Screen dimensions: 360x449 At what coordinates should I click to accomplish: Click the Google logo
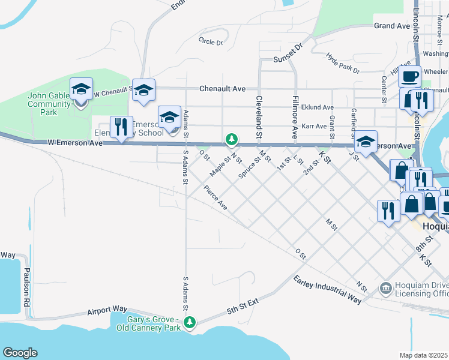coord(20,353)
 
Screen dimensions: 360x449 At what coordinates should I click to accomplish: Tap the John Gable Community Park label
coord(50,104)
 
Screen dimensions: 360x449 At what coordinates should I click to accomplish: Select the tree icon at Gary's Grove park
coord(190,323)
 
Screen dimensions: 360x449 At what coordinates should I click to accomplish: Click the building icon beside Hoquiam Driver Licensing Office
coord(386,289)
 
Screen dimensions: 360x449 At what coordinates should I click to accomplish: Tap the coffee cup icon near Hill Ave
coord(410,76)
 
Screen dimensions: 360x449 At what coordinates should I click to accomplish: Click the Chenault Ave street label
coord(223,89)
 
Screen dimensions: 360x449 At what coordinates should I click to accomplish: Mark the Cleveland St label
coord(259,116)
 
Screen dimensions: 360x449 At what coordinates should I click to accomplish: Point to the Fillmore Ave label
coord(295,116)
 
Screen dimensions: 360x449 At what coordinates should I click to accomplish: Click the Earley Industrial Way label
coord(327,289)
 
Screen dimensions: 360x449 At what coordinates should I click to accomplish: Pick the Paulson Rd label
coord(26,292)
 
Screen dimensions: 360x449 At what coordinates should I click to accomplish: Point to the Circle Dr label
coord(210,42)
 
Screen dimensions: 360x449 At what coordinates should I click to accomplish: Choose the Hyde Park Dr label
coord(342,62)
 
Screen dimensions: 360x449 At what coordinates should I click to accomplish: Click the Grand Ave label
coord(391,26)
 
